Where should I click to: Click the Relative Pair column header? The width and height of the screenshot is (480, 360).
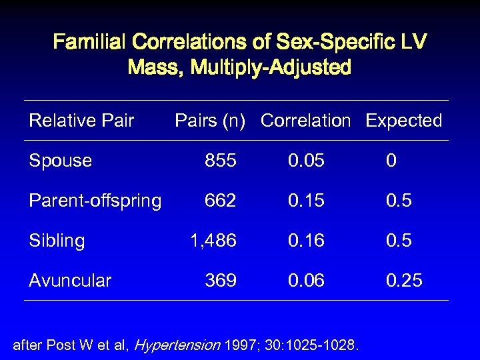tap(81, 121)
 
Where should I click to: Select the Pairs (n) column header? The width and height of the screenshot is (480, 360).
tap(210, 121)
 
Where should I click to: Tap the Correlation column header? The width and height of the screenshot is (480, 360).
tap(305, 121)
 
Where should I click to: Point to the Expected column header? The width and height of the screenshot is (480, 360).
tap(404, 121)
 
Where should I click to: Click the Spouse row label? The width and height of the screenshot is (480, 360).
tap(60, 161)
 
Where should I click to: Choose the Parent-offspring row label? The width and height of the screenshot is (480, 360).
tap(95, 201)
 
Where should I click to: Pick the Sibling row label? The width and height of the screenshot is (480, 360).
tap(57, 241)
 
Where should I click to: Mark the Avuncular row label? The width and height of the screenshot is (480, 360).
tap(70, 281)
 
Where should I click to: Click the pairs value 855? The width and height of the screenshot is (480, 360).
tap(220, 161)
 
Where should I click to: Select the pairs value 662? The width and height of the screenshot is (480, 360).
tap(220, 201)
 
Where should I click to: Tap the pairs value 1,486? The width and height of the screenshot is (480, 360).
tap(213, 241)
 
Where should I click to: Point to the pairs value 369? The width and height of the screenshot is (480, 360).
tap(220, 281)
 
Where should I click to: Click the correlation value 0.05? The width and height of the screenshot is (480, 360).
tap(306, 161)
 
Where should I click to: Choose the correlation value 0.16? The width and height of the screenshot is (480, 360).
tap(306, 241)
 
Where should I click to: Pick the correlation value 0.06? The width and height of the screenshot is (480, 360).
tap(306, 281)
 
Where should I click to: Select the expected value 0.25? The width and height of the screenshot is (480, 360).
tap(404, 281)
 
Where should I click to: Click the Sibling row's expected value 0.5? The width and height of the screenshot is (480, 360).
tap(399, 241)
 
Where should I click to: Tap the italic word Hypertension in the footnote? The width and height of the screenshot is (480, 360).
tap(177, 345)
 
